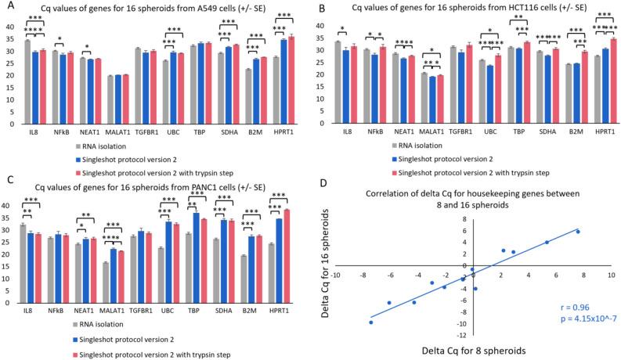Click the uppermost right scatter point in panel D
(578, 232)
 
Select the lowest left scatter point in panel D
(371, 322)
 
